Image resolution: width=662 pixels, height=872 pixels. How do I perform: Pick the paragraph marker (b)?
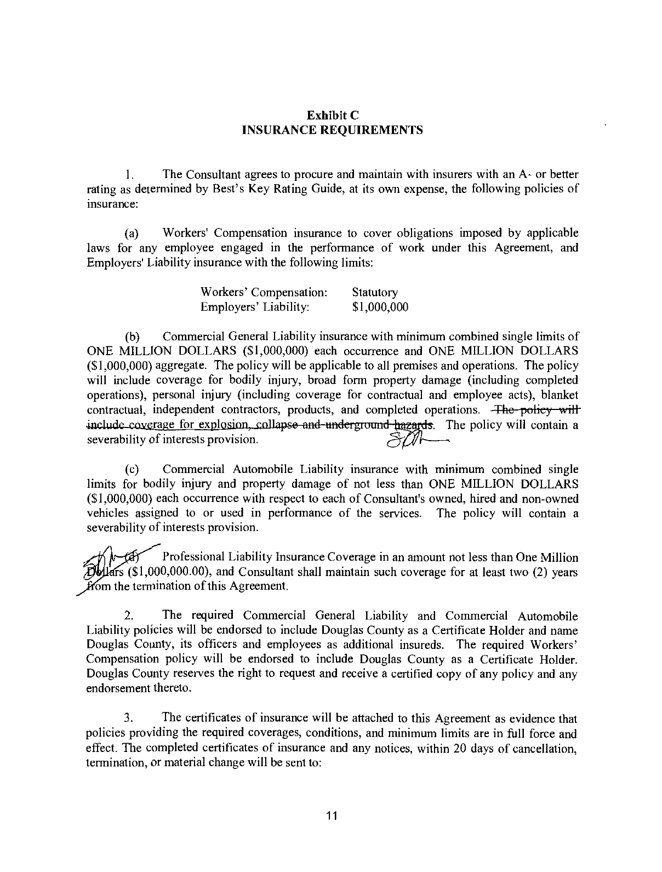click(132, 336)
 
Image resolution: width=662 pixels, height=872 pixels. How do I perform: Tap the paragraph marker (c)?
click(132, 470)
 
